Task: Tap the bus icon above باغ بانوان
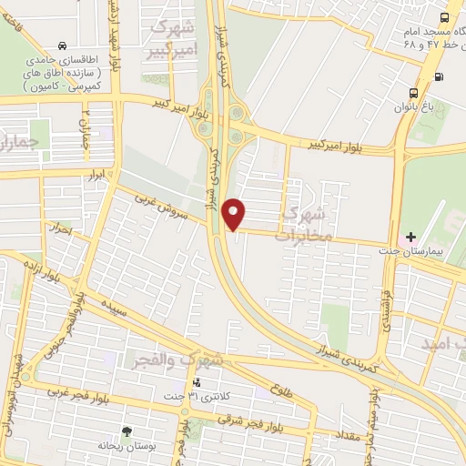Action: (x=414, y=93)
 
